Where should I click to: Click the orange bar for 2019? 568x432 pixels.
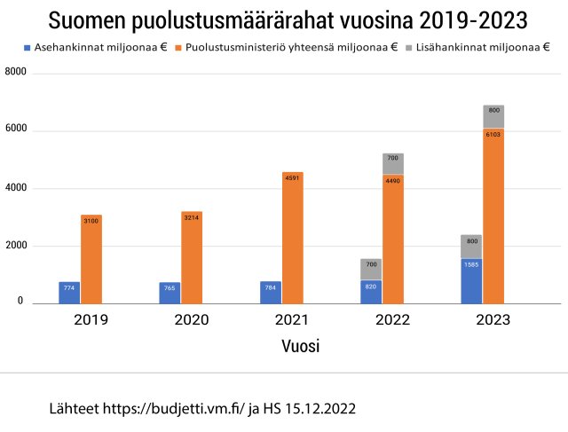click(x=91, y=259)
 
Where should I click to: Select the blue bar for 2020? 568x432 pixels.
click(x=170, y=293)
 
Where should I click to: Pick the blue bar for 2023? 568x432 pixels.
click(x=471, y=281)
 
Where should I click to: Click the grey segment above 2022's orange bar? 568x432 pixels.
click(x=393, y=164)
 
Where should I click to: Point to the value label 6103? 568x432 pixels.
click(x=493, y=134)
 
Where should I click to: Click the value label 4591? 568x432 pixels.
click(x=293, y=177)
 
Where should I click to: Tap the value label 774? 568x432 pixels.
click(x=69, y=287)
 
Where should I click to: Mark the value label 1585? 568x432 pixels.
click(x=471, y=263)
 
